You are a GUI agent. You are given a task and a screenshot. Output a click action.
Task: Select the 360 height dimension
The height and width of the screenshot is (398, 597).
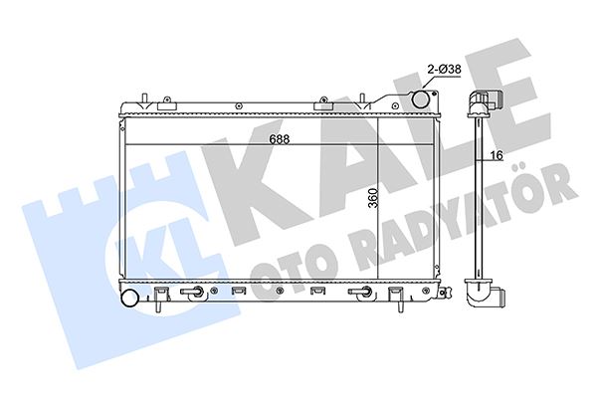coord(370,199)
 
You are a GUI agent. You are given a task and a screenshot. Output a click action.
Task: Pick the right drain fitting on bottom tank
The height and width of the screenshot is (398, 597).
coord(365,293)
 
